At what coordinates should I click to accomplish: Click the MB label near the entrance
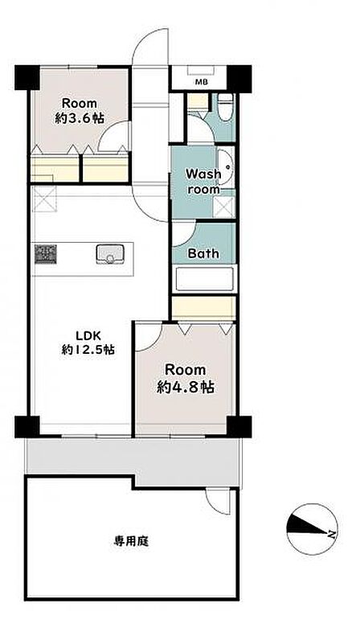[x=201, y=83]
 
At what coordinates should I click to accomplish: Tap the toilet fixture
[x=226, y=107]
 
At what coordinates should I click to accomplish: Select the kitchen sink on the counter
[x=110, y=254]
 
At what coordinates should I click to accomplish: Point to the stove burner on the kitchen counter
[x=45, y=254]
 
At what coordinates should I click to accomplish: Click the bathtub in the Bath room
[x=205, y=279]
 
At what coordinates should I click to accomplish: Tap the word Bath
[x=203, y=253]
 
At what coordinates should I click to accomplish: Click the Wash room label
[x=203, y=182]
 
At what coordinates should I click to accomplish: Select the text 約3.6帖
[x=80, y=118]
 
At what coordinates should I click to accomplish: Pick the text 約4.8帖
[x=185, y=387]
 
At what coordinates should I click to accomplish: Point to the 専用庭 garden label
[x=130, y=542]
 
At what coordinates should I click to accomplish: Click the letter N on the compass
[x=332, y=533]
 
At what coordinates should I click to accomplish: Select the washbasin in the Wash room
[x=226, y=166]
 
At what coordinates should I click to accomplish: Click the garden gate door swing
[x=218, y=502]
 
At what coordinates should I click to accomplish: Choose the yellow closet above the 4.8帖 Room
[x=204, y=308]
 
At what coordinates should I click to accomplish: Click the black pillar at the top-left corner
[x=27, y=78]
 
